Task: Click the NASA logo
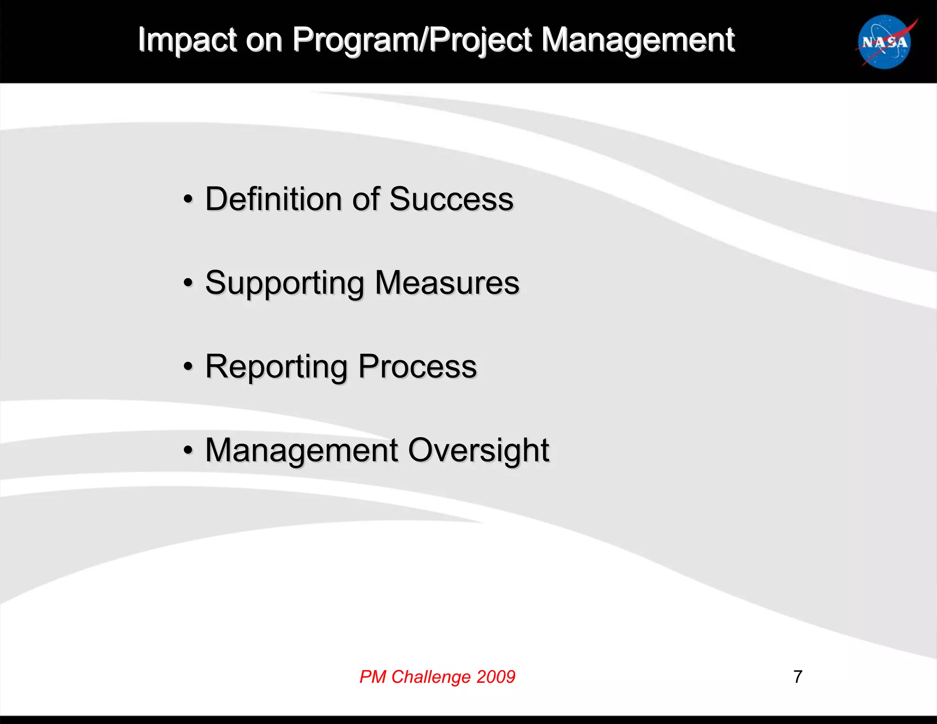[885, 42]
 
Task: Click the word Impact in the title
[187, 40]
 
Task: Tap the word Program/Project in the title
[412, 40]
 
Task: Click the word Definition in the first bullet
[273, 200]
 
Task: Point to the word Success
[451, 200]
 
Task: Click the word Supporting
[285, 283]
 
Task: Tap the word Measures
[447, 283]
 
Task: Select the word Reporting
[276, 367]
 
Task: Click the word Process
[417, 367]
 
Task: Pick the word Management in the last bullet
[302, 451]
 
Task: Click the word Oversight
[478, 451]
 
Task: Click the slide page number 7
[798, 676]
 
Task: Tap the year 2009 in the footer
[496, 676]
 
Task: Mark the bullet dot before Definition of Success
[188, 200]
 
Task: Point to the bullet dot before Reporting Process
[188, 367]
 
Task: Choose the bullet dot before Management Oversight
[188, 451]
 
